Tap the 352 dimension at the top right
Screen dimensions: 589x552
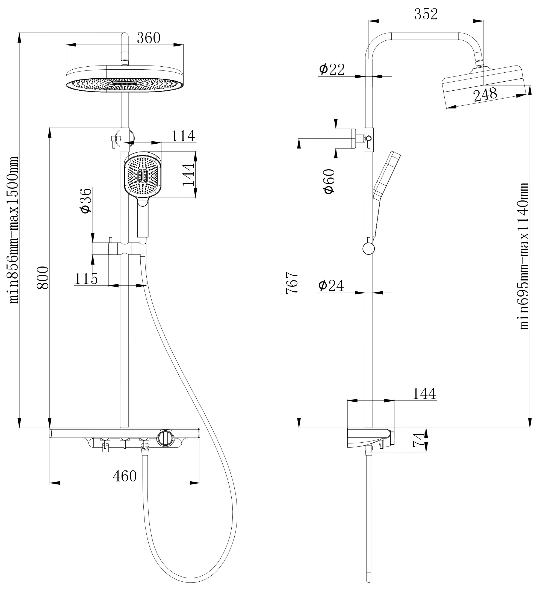(x=426, y=14)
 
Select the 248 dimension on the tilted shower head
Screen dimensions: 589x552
(x=485, y=94)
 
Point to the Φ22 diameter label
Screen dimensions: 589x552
(x=332, y=69)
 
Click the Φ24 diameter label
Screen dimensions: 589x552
(x=331, y=286)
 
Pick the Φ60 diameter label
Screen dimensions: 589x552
(x=329, y=181)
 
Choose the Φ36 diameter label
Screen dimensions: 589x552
(x=86, y=201)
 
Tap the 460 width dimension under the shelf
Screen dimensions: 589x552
(x=125, y=476)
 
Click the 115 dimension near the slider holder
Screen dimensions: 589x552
(x=86, y=279)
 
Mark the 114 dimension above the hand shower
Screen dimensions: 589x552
(x=183, y=136)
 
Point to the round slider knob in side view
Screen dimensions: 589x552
(x=368, y=248)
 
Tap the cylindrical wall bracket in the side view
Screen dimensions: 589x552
(x=346, y=138)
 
